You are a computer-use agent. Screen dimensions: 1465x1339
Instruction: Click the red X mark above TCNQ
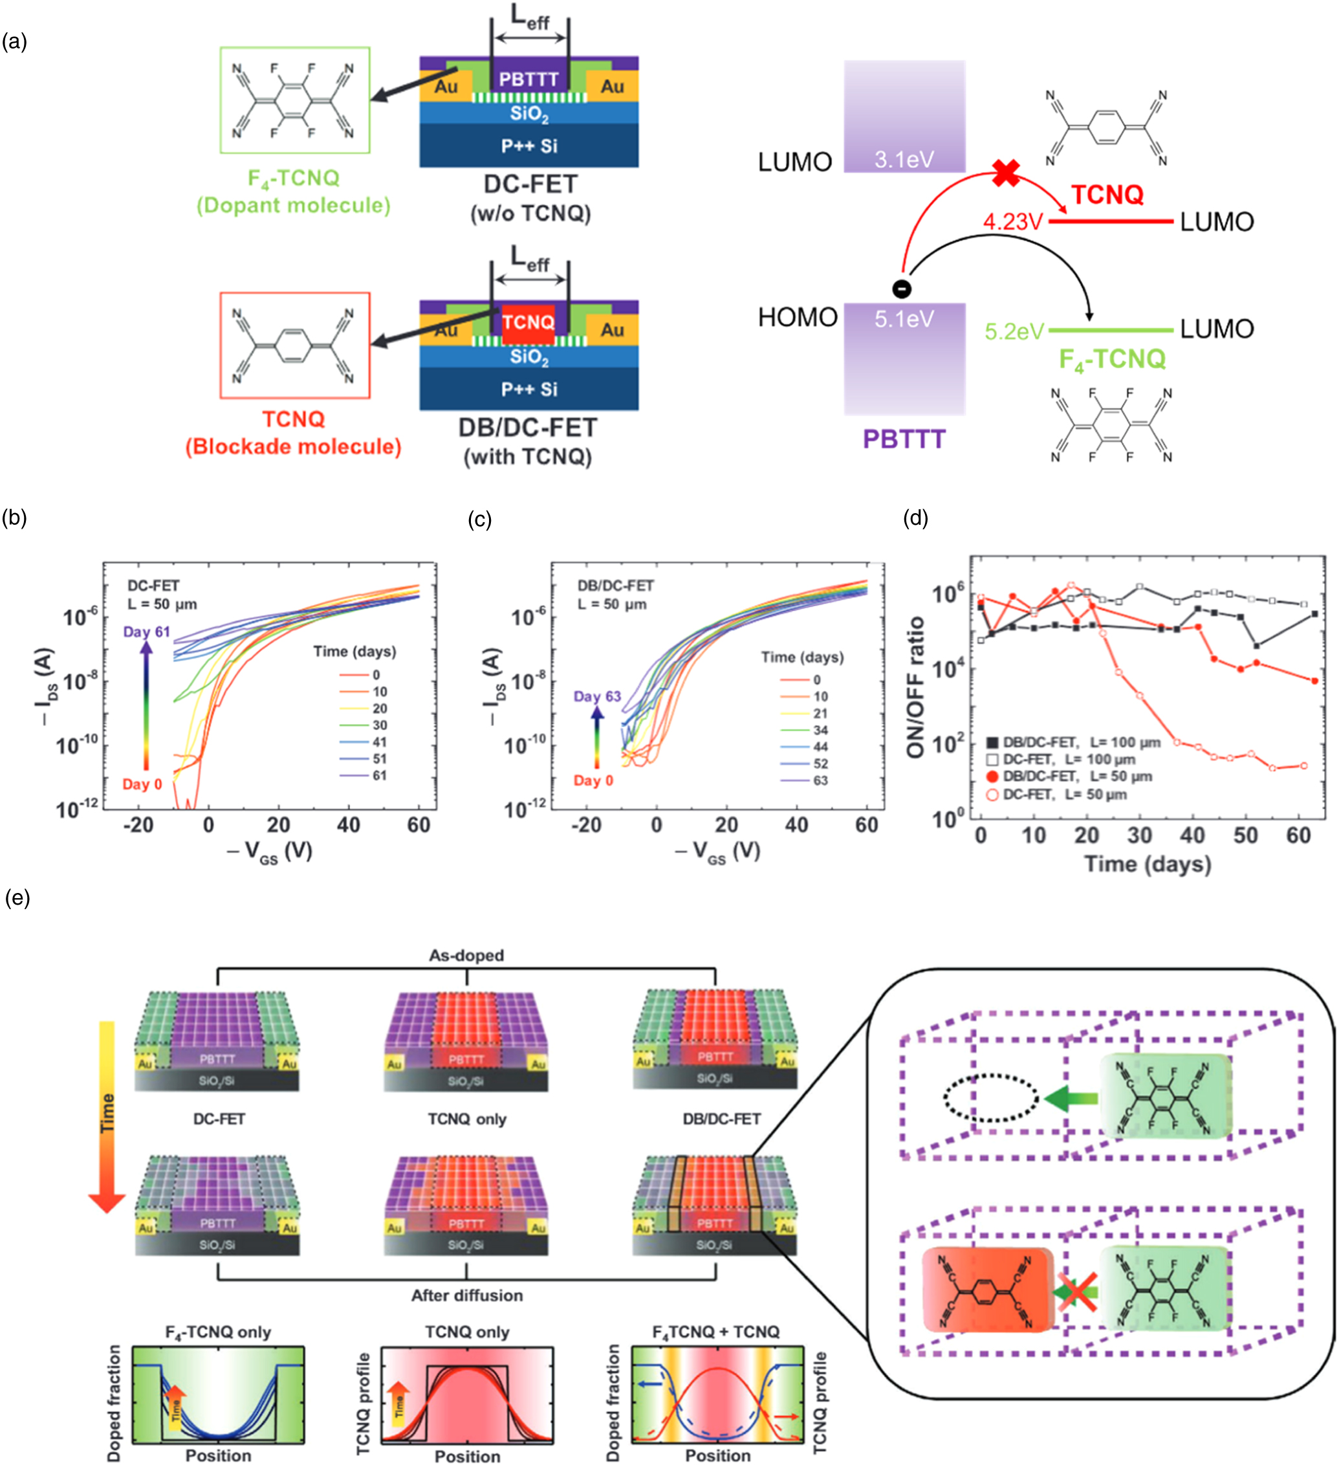[x=1007, y=173]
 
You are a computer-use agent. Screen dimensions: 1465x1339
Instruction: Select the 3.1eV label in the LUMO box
[x=904, y=159]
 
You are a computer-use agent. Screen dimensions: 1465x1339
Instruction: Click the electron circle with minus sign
[x=902, y=289]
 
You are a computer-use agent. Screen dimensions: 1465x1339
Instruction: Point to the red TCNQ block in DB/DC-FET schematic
[x=528, y=324]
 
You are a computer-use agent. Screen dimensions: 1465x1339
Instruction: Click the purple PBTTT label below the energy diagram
[x=904, y=439]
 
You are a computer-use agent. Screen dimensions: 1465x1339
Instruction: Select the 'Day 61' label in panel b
[x=146, y=632]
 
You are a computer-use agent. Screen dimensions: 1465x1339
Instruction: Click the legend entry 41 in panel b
[x=379, y=742]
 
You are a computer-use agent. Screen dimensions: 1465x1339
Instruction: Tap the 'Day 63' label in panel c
[x=597, y=696]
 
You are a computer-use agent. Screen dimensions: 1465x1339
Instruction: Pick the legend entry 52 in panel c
[x=820, y=764]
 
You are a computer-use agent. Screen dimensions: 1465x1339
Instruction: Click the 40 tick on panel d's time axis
[x=1192, y=835]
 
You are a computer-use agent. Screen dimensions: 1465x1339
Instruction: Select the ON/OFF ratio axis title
[x=915, y=687]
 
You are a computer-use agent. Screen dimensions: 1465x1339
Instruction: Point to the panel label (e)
[x=17, y=898]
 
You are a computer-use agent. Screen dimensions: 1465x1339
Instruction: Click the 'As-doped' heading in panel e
[x=466, y=955]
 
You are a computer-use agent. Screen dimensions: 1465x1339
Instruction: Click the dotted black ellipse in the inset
[x=991, y=1097]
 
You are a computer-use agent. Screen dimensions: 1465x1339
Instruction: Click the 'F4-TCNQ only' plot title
[x=218, y=1332]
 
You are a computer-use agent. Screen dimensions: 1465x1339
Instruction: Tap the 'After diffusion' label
[x=466, y=1295]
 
